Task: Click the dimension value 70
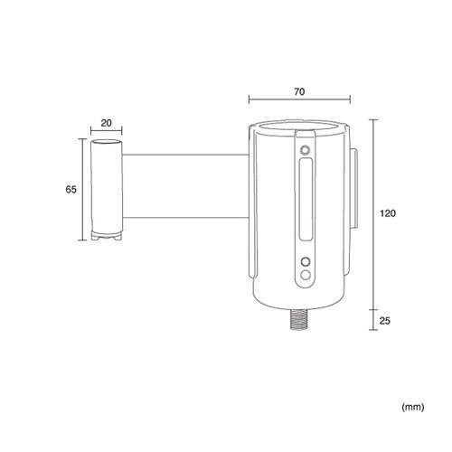[x=299, y=91]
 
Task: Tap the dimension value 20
[x=106, y=123]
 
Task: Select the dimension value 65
[x=71, y=190]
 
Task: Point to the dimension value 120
[x=388, y=213]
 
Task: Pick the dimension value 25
[x=384, y=321]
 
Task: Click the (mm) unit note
[x=413, y=407]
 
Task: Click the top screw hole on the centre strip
[x=306, y=150]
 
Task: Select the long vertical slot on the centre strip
[x=306, y=200]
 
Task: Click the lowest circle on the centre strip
[x=306, y=275]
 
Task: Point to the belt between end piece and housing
[x=185, y=186]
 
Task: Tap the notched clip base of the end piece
[x=107, y=236]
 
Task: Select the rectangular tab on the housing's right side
[x=353, y=188]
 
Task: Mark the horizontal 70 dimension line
[x=299, y=99]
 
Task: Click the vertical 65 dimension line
[x=82, y=190]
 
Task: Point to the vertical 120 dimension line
[x=373, y=214]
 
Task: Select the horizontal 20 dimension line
[x=107, y=130]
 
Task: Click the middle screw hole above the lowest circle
[x=306, y=261]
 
